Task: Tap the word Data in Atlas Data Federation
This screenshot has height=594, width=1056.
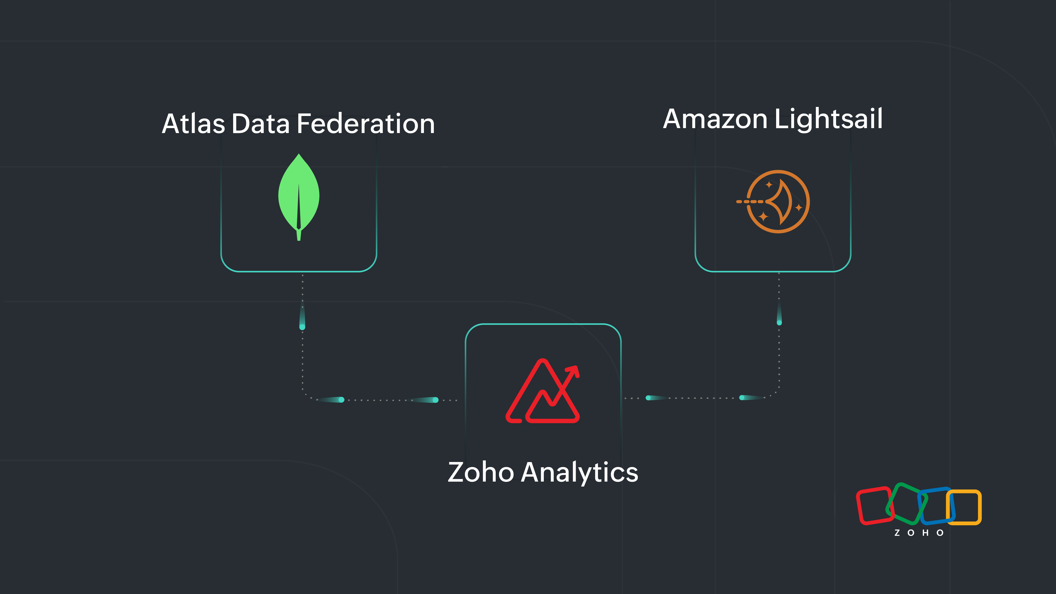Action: click(x=260, y=124)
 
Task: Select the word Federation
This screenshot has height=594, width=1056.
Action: click(x=365, y=124)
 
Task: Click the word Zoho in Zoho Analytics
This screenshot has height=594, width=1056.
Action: click(x=481, y=472)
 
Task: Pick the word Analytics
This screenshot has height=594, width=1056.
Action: click(x=579, y=472)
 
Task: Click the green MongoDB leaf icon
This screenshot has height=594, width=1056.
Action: click(x=299, y=193)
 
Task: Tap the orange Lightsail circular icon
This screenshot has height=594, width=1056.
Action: click(x=778, y=202)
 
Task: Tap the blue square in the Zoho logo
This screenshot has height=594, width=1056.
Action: click(x=936, y=506)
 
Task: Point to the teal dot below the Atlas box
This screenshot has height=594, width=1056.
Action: click(x=302, y=327)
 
